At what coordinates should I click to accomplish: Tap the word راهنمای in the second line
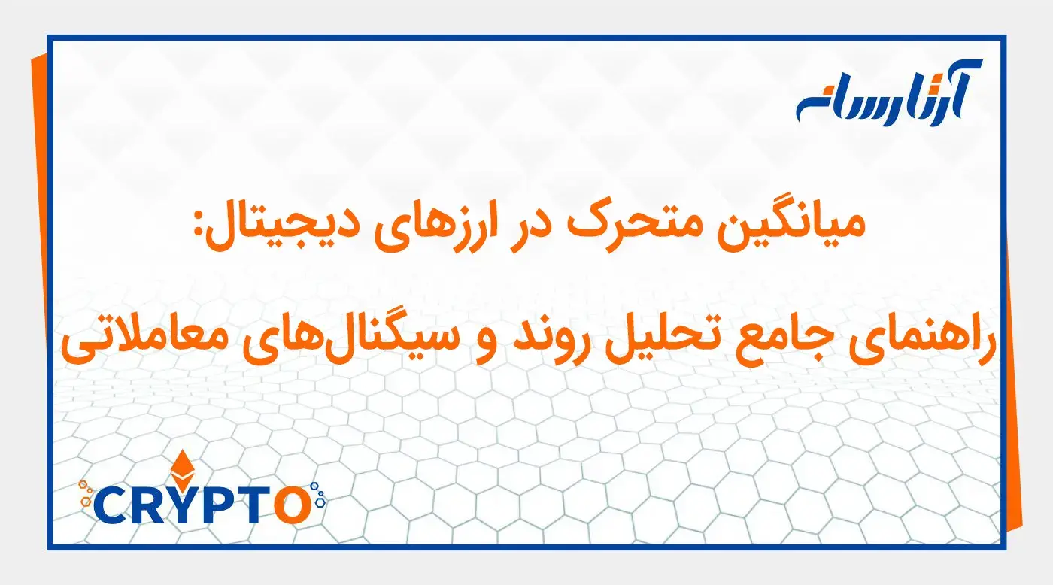tap(922, 340)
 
